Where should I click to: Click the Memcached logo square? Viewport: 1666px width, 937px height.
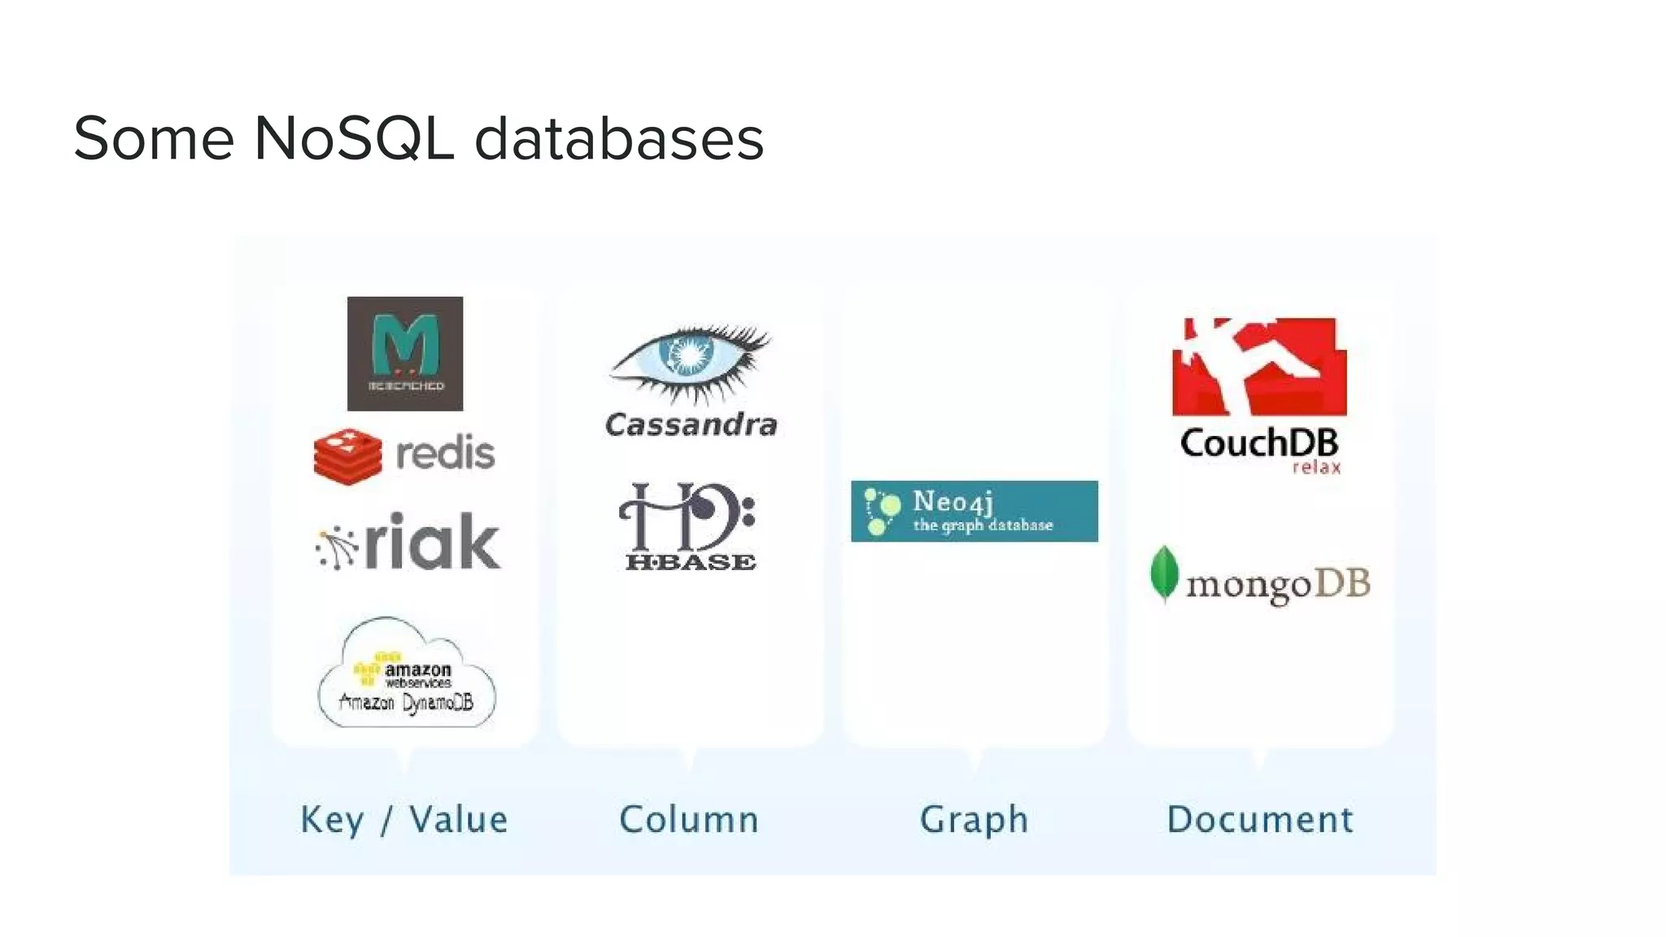coord(405,353)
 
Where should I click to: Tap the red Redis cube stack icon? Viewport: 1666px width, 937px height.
coord(347,456)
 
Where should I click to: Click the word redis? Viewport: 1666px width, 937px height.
coord(445,454)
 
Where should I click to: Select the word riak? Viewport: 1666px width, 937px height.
coord(432,542)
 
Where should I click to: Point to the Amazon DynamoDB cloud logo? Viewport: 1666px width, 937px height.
coord(406,673)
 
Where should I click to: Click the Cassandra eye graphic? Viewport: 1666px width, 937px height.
coord(690,363)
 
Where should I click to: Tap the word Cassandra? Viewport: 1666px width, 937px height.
coord(691,425)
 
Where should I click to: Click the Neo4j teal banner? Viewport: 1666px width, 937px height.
coord(974,511)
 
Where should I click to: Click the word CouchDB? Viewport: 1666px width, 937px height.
coord(1258,443)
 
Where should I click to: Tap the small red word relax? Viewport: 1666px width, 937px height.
coord(1316,468)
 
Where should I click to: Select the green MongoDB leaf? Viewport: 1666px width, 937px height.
coord(1165,573)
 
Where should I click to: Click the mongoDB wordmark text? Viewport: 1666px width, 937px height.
coord(1278,584)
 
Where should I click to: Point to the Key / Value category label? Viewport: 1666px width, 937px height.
coord(403,819)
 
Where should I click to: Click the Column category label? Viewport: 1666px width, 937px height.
coord(689,819)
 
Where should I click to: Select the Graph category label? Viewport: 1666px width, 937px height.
coord(974,819)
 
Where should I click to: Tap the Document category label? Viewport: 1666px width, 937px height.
coord(1259,819)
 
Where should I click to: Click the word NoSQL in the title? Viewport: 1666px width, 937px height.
coord(354,138)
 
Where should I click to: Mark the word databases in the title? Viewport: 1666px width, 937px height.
coord(619,138)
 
